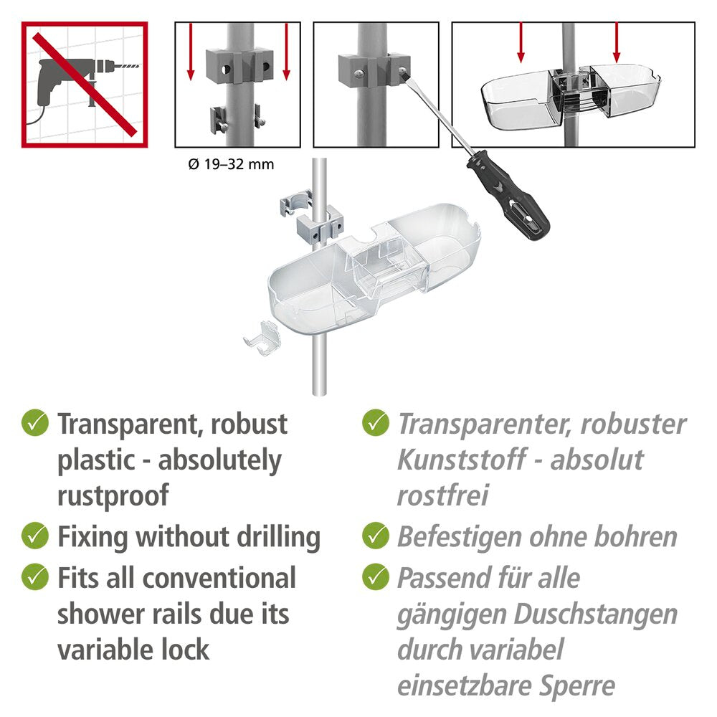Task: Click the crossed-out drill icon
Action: [x=85, y=85]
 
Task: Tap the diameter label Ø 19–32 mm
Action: [x=231, y=164]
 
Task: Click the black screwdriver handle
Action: [x=508, y=196]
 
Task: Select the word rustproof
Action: [x=113, y=495]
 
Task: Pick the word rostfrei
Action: [x=442, y=495]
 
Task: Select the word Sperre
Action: [x=577, y=686]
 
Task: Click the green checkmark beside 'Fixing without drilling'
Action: [x=35, y=536]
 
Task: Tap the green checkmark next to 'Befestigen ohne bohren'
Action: [x=376, y=536]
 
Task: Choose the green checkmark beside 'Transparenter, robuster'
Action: [x=376, y=422]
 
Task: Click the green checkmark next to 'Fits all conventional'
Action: [x=35, y=576]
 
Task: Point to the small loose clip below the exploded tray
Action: [x=262, y=338]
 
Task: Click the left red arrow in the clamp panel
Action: [x=191, y=52]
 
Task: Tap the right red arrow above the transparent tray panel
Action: [x=617, y=42]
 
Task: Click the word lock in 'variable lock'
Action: [x=185, y=650]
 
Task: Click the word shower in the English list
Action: [x=101, y=614]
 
